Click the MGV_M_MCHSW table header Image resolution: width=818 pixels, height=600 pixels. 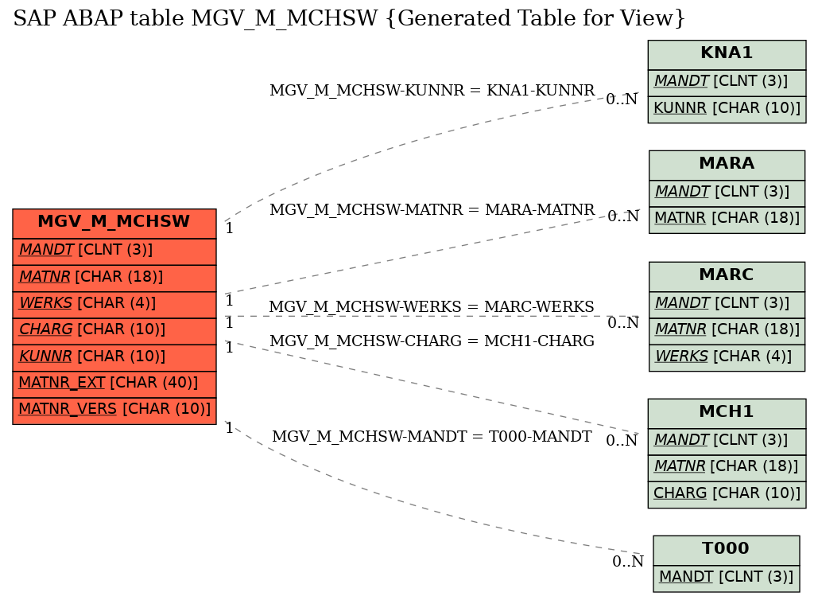click(x=114, y=222)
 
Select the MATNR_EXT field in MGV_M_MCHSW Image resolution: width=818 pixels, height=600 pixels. click(x=114, y=383)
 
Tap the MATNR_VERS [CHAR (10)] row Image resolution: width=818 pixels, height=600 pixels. click(x=114, y=409)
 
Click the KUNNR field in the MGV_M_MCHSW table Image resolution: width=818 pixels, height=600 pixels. click(x=114, y=356)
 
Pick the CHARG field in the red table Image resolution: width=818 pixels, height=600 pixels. click(x=114, y=329)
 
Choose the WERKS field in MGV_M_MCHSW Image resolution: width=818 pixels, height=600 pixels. click(x=114, y=303)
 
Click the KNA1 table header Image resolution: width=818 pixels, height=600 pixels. click(x=727, y=53)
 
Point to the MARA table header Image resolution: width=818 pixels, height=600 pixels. click(x=727, y=164)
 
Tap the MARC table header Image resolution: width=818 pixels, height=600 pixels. click(x=727, y=275)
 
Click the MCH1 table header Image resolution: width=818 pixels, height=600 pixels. click(x=727, y=412)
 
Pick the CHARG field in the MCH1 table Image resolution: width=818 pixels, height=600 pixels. click(x=727, y=493)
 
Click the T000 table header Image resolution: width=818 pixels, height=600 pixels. click(x=726, y=549)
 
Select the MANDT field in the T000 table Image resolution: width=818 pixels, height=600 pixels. click(x=726, y=576)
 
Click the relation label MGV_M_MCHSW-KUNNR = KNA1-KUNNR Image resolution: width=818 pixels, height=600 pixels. click(x=432, y=90)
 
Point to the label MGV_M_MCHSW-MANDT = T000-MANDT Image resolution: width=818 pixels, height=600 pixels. click(x=432, y=436)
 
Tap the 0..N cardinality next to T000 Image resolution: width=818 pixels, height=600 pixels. click(x=628, y=562)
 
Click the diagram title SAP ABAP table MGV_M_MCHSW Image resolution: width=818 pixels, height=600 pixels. click(x=349, y=18)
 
